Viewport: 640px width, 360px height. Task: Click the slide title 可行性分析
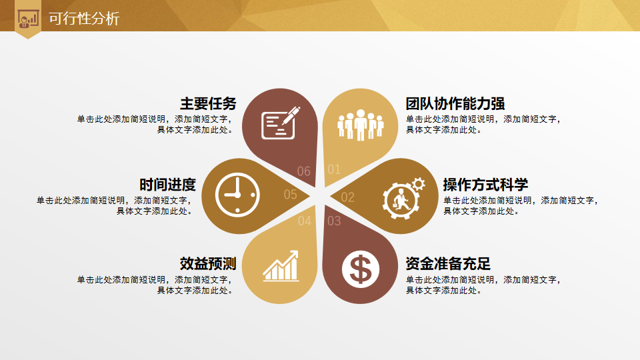(84, 19)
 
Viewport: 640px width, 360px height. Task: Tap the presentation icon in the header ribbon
(28, 19)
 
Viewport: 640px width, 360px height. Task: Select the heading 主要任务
(208, 104)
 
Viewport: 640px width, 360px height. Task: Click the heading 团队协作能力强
(455, 104)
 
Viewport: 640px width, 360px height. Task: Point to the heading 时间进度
(168, 185)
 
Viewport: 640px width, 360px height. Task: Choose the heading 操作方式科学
(486, 185)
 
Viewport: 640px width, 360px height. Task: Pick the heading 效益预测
(208, 264)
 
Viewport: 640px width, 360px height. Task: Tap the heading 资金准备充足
(448, 264)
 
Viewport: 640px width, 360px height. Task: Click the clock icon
(237, 195)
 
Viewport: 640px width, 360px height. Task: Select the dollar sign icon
(361, 269)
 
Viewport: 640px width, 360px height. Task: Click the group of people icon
(361, 125)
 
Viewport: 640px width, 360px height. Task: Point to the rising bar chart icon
(281, 266)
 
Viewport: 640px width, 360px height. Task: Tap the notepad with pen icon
(281, 123)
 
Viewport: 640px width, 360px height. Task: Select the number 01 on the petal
(334, 169)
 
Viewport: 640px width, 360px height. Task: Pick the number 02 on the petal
(348, 197)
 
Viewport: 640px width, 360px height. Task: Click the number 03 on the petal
(334, 221)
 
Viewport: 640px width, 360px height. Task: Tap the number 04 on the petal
(305, 221)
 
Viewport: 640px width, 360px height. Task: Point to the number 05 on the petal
(291, 194)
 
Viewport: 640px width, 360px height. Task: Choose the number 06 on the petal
(304, 171)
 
